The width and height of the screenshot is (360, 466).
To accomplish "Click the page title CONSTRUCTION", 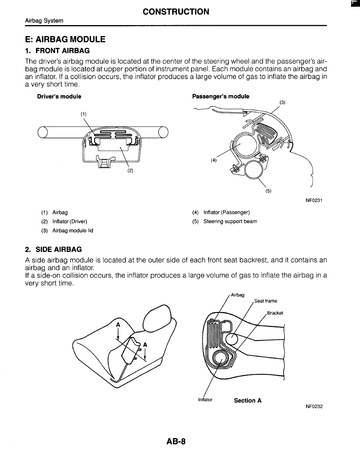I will tap(176, 12).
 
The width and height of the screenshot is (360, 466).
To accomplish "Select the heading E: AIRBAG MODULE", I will tap(65, 40).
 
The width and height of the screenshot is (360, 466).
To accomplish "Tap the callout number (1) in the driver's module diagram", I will tap(83, 114).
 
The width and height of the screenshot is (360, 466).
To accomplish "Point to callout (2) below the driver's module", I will tap(130, 171).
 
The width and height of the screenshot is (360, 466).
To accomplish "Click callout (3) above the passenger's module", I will tap(282, 102).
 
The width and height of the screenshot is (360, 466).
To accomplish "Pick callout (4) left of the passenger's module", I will tap(213, 160).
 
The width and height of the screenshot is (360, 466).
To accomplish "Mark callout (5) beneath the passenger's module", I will tap(268, 191).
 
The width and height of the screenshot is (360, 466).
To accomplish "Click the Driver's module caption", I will tap(59, 96).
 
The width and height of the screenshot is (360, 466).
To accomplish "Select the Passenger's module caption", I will tap(220, 96).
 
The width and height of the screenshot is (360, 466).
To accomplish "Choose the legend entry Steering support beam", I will tap(230, 222).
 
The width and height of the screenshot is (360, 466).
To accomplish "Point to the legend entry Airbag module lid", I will tap(73, 231).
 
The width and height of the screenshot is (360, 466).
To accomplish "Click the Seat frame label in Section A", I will tap(265, 301).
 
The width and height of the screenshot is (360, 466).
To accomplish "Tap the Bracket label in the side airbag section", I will tap(275, 313).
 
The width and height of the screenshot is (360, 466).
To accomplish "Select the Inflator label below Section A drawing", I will tap(205, 400).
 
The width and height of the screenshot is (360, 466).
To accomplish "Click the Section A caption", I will tap(247, 400).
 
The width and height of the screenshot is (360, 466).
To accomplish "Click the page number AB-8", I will tap(176, 442).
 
